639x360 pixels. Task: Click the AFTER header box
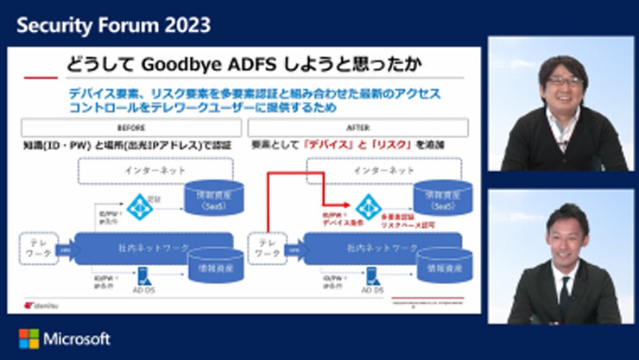[x=359, y=127]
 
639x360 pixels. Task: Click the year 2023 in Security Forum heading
[x=185, y=24]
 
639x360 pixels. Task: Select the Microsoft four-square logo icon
[x=28, y=338]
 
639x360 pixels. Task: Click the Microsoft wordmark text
[x=76, y=338]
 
